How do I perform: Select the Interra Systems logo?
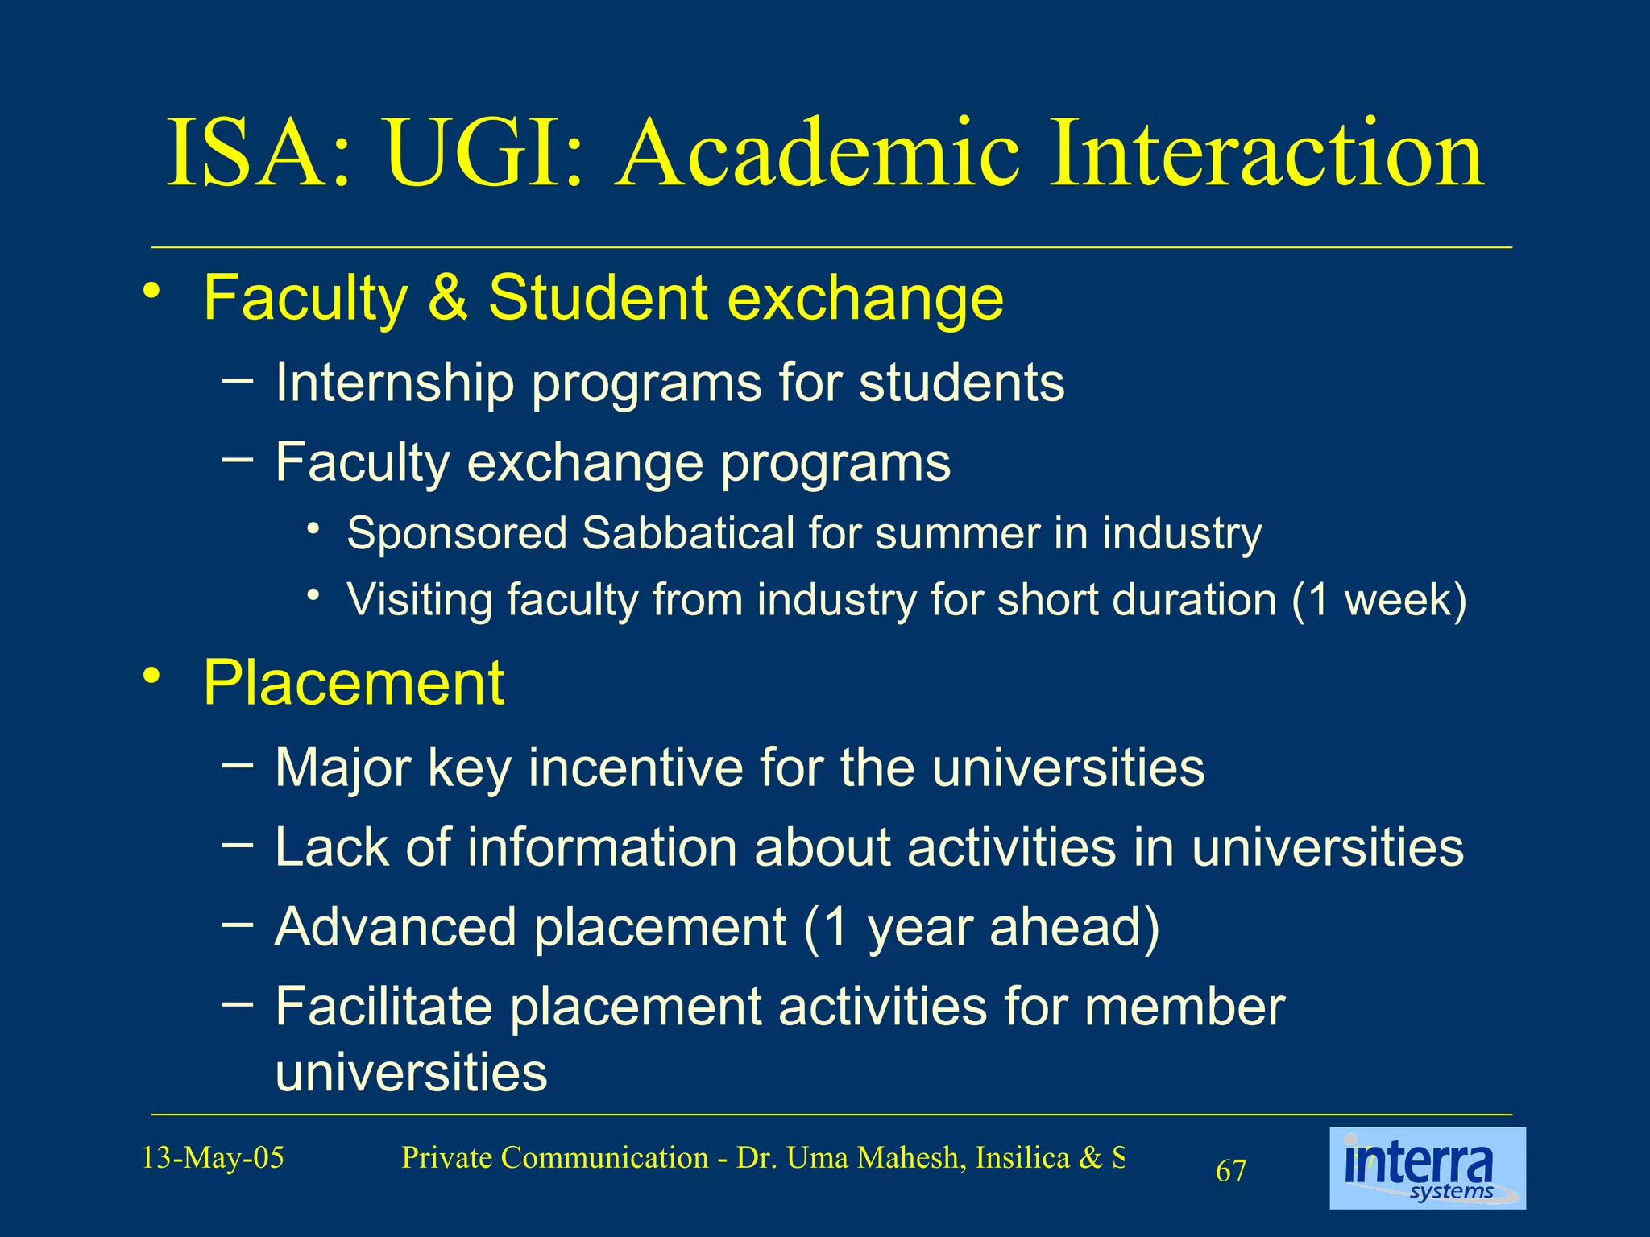pyautogui.click(x=1427, y=1168)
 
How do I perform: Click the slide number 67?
pyautogui.click(x=1231, y=1171)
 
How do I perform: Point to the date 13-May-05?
pyautogui.click(x=213, y=1158)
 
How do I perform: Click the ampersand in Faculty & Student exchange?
pyautogui.click(x=448, y=297)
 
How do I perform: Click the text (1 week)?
pyautogui.click(x=1378, y=600)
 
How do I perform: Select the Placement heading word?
pyautogui.click(x=353, y=684)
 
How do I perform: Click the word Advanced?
pyautogui.click(x=396, y=927)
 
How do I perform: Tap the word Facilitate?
pyautogui.click(x=383, y=1007)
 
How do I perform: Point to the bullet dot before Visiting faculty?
pyautogui.click(x=314, y=596)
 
